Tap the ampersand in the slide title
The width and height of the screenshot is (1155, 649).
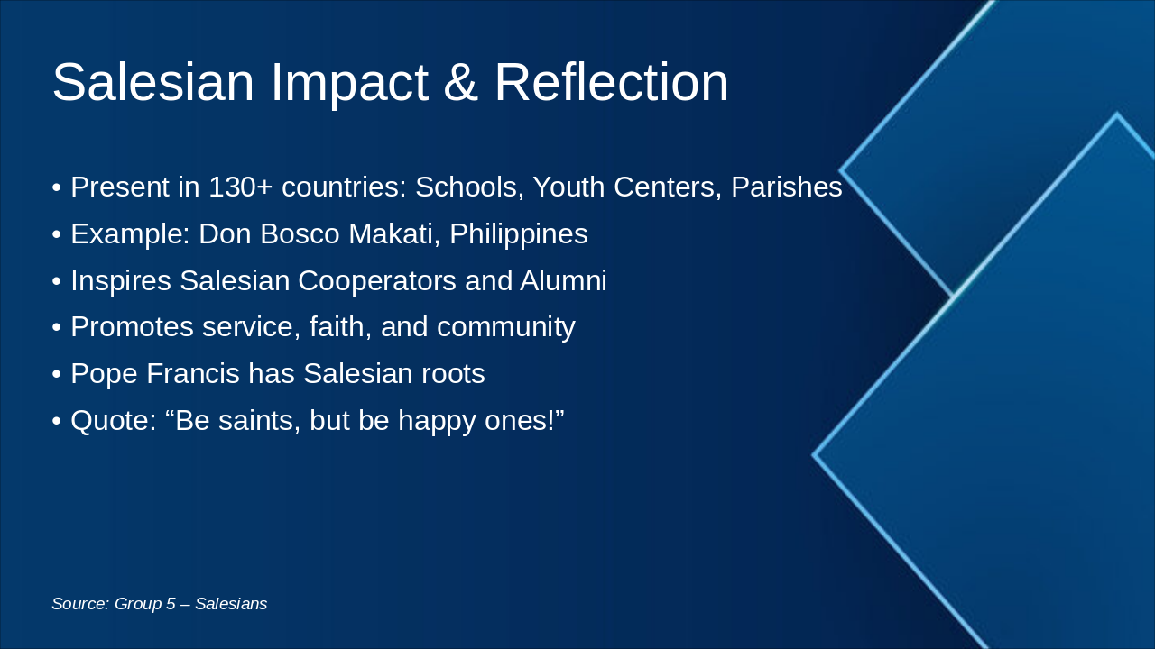[460, 83]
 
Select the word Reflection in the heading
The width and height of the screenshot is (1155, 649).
[611, 83]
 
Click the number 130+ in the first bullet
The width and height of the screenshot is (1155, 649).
[241, 187]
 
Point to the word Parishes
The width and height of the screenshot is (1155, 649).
[786, 187]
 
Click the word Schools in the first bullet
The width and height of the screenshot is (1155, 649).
[468, 187]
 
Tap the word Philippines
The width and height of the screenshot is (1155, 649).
[519, 234]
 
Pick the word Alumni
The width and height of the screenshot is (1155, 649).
[563, 281]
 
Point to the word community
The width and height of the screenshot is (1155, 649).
[505, 327]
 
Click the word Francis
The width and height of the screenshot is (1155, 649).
[190, 374]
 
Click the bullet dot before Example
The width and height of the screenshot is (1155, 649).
[57, 235]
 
